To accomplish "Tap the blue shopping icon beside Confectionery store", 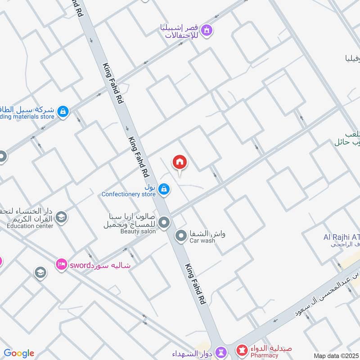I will coord(164,189).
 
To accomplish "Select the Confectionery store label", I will coord(128,194).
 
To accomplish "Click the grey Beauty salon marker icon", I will coord(164,222).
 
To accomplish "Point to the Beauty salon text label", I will coord(138,231).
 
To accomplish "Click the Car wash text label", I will coord(202,241).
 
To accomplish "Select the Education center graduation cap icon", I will coord(61,217).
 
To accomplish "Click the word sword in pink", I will coord(80,265).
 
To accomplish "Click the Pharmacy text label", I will coord(265,355).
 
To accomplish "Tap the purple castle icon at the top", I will coord(207,31).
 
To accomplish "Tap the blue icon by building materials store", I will coord(63,111).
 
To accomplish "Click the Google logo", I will coord(19,353).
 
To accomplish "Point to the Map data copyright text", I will coord(336,355).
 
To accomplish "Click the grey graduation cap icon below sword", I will coord(40,273).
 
